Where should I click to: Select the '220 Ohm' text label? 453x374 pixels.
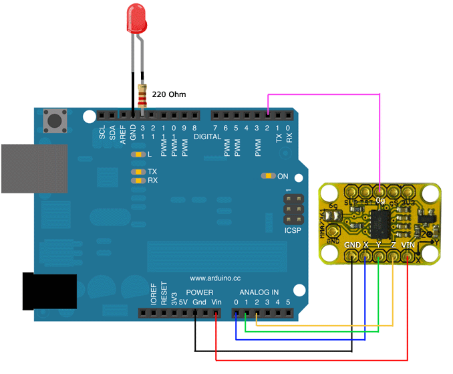(x=168, y=94)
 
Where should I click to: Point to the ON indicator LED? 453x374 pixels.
(x=267, y=176)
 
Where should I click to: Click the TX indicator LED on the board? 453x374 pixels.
(x=138, y=172)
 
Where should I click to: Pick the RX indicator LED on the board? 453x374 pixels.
(x=138, y=181)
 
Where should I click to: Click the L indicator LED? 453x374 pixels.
(x=138, y=155)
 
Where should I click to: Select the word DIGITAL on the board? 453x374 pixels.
(x=207, y=136)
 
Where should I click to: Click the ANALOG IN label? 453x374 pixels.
(x=259, y=292)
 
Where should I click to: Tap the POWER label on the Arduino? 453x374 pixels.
(x=199, y=292)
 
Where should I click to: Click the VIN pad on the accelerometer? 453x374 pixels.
(x=408, y=255)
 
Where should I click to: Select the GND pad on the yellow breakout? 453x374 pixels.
(x=352, y=255)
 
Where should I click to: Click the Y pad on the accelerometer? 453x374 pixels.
(x=380, y=255)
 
